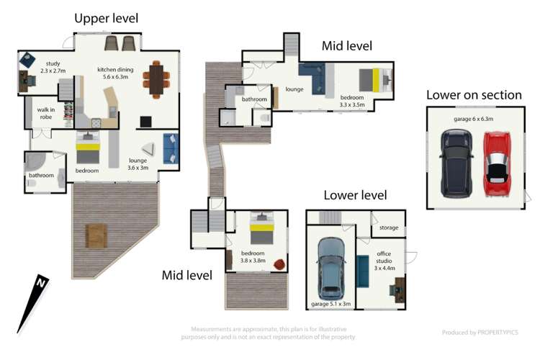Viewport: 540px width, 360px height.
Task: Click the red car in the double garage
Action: click(x=497, y=164)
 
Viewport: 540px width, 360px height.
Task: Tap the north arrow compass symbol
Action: click(x=33, y=304)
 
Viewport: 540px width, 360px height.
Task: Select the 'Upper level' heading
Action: click(x=107, y=18)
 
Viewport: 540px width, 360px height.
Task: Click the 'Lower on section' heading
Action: click(x=474, y=95)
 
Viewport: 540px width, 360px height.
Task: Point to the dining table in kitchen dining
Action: click(x=156, y=80)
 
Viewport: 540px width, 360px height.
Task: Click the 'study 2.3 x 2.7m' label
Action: click(x=53, y=67)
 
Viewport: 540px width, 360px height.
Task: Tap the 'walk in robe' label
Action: click(x=46, y=113)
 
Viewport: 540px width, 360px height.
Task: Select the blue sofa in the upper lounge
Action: click(x=171, y=148)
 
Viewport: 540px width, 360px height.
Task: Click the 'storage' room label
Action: click(x=389, y=228)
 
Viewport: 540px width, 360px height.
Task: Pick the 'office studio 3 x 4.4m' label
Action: click(x=384, y=261)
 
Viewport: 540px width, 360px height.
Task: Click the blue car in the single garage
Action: click(x=331, y=269)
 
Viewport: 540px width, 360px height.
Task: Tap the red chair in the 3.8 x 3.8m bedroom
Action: click(x=279, y=265)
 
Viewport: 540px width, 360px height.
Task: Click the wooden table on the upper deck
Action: click(x=96, y=236)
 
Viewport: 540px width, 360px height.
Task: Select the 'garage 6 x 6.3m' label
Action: click(x=473, y=119)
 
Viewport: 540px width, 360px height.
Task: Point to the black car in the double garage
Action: click(x=456, y=164)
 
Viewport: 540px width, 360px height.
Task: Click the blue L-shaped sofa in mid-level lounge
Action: click(x=312, y=78)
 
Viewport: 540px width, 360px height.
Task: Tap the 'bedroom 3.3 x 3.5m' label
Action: click(x=352, y=101)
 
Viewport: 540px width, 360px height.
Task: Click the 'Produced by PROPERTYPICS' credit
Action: click(x=480, y=333)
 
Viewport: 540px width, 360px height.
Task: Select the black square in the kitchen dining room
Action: click(x=145, y=122)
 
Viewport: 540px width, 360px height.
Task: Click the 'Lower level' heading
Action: click(x=355, y=195)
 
